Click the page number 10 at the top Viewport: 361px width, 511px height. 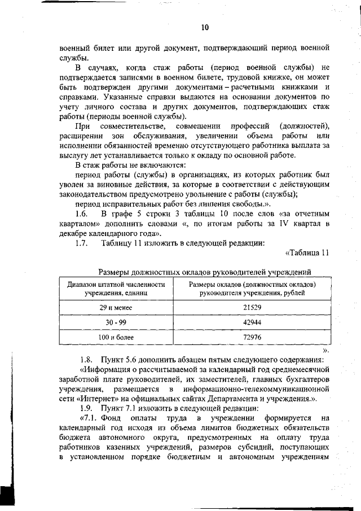204,28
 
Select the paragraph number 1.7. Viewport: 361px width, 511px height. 82,243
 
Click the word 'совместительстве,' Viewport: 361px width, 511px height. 130,125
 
